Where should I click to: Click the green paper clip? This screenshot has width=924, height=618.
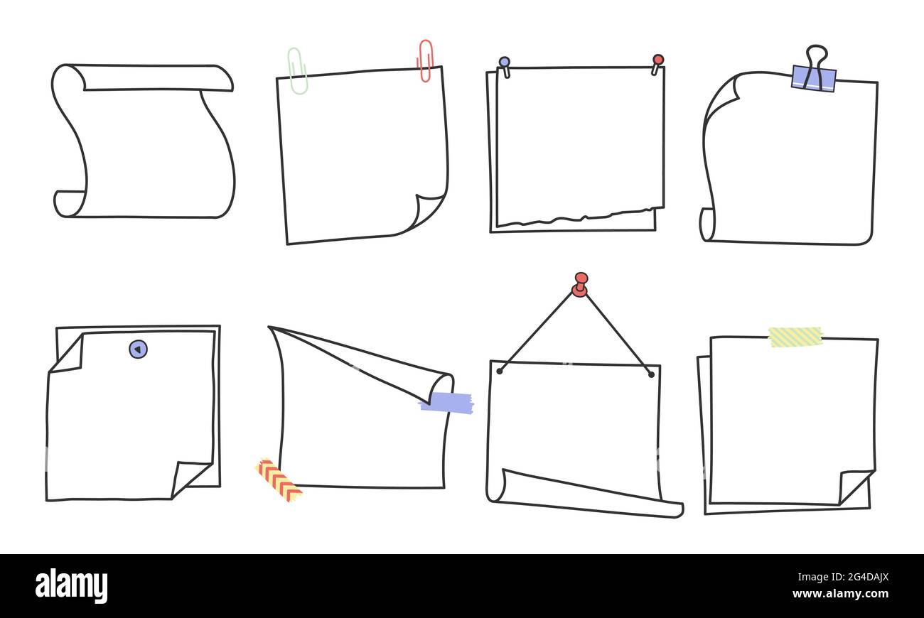(298, 71)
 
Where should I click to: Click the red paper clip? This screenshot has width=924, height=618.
(425, 60)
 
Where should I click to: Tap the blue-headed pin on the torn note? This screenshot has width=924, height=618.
(505, 67)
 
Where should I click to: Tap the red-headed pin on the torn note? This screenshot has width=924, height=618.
(657, 65)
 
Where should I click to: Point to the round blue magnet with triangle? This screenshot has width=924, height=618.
(138, 349)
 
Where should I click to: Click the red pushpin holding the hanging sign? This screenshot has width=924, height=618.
(581, 285)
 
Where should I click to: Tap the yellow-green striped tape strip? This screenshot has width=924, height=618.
(796, 337)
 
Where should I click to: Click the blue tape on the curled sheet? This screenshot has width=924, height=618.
(447, 402)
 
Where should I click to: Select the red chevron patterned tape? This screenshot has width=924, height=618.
(279, 479)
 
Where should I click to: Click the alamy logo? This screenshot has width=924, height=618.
(71, 586)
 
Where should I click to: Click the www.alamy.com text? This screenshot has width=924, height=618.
(840, 594)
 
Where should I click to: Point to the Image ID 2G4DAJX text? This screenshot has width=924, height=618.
(843, 577)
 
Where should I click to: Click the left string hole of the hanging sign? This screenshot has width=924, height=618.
(500, 372)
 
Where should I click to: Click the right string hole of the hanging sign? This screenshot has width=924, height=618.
(651, 375)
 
